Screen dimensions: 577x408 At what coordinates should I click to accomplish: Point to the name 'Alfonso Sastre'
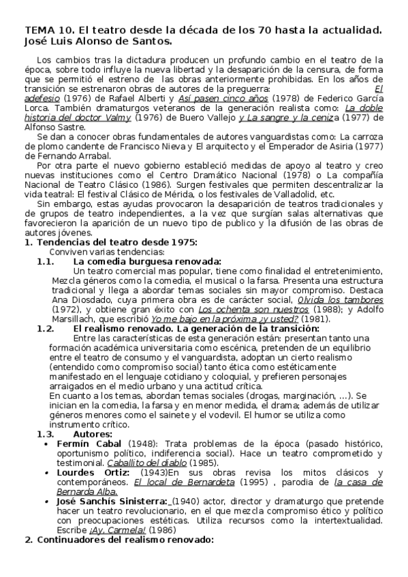(x=54, y=125)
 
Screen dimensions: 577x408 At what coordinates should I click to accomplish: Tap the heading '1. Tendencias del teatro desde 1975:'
(x=110, y=242)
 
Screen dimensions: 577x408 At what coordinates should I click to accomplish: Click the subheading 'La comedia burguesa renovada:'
(x=146, y=261)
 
